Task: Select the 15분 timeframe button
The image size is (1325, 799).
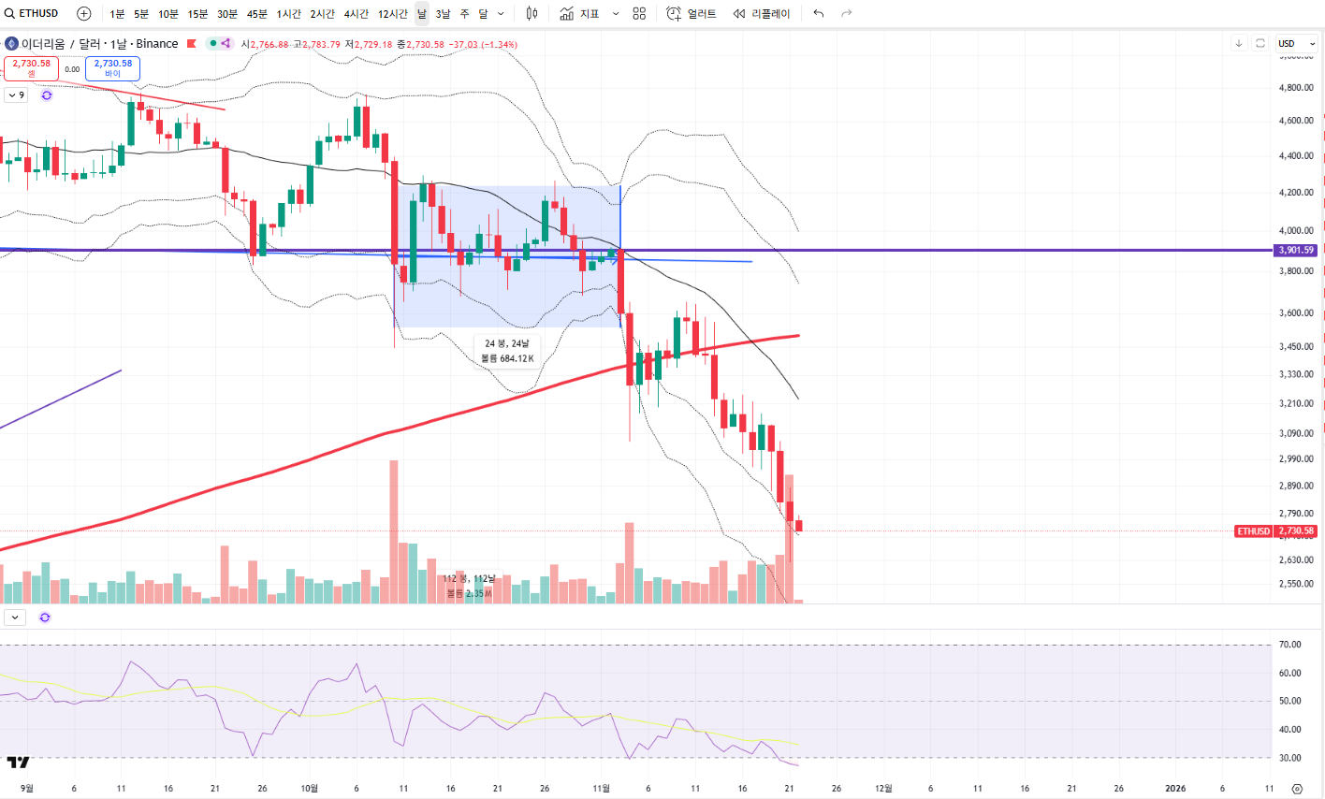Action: [x=197, y=14]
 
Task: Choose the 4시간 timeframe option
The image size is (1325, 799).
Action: [x=356, y=14]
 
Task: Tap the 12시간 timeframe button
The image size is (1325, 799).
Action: [x=393, y=14]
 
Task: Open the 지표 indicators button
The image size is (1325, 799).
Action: [x=580, y=14]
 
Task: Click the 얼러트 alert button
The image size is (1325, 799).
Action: [x=692, y=14]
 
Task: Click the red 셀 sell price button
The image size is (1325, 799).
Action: [x=32, y=68]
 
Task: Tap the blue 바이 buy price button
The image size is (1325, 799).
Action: [x=113, y=68]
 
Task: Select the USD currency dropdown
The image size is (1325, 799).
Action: [x=1297, y=43]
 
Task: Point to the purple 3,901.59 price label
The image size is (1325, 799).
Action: [x=1296, y=250]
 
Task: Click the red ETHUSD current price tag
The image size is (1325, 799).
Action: [x=1254, y=531]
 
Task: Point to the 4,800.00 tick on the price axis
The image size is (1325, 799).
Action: [x=1296, y=88]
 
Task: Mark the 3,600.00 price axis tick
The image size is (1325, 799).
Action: [x=1296, y=313]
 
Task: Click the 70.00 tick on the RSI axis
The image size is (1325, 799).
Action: [x=1290, y=645]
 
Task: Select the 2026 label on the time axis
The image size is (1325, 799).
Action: [x=1175, y=789]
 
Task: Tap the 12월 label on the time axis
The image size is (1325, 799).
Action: [x=883, y=789]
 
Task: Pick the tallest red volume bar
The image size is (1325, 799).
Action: [x=394, y=531]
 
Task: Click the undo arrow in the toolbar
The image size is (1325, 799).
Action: [x=819, y=14]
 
